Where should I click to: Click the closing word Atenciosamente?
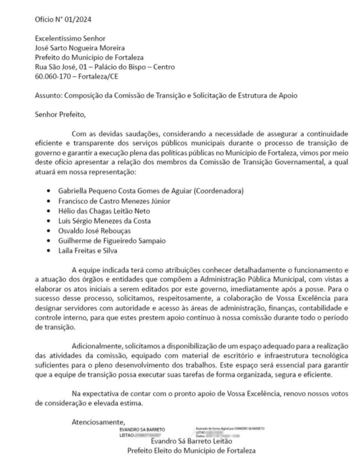pyautogui.click(x=98, y=422)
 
